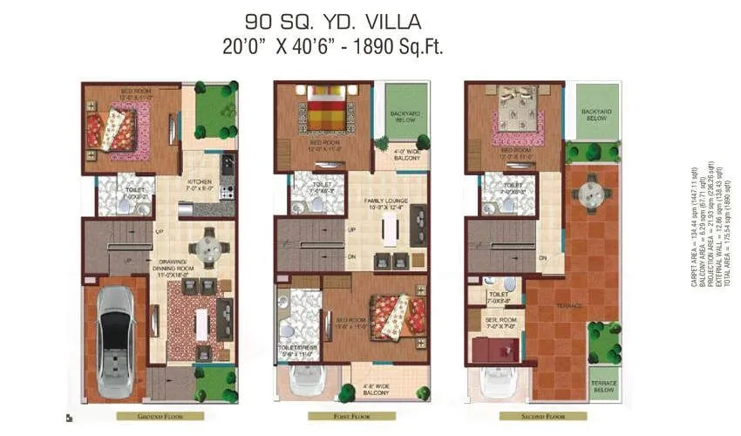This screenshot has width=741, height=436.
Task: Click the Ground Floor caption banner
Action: (x=160, y=417)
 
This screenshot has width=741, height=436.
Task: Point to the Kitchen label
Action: (x=201, y=181)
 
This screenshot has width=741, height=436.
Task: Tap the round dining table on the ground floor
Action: (x=209, y=246)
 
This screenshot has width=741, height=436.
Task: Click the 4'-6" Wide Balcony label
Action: (x=377, y=390)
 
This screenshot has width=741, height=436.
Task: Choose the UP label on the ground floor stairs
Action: (x=159, y=232)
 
